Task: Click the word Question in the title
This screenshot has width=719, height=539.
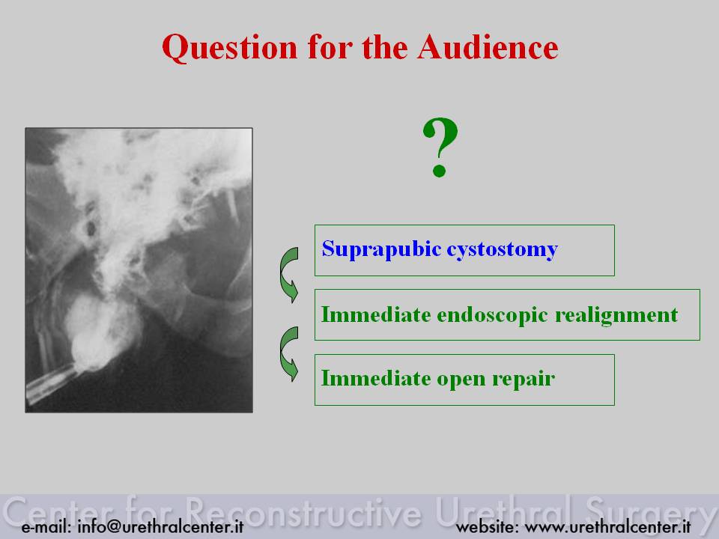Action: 230,48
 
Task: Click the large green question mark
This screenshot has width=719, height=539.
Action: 440,147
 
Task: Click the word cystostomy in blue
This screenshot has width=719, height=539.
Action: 502,250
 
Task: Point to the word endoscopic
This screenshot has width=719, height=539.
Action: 492,315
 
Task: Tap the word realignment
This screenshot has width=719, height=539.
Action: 616,315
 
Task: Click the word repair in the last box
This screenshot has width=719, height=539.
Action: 524,380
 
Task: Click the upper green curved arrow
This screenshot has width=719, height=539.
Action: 289,275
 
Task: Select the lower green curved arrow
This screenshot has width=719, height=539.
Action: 289,354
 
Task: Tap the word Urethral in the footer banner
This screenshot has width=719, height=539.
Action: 503,511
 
